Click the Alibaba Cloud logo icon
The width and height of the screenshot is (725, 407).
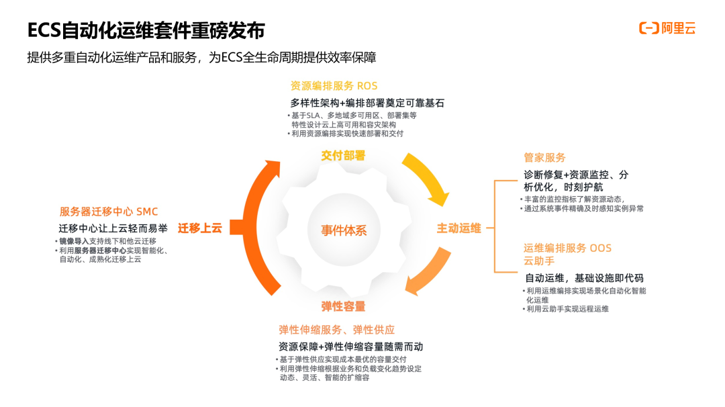click(648, 28)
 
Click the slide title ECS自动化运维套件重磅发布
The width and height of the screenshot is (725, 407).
click(146, 30)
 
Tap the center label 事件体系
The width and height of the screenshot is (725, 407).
click(343, 230)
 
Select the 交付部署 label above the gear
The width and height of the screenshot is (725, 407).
click(343, 156)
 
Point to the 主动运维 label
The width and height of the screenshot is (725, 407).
click(459, 228)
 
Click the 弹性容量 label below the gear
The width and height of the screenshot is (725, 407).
click(343, 306)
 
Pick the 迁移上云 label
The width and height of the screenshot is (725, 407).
click(200, 228)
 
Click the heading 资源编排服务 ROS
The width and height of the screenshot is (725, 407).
click(334, 86)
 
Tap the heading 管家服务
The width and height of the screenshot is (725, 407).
click(544, 158)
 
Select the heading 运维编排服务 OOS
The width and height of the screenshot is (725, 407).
click(567, 248)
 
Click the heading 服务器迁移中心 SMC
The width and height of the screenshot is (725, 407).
click(109, 212)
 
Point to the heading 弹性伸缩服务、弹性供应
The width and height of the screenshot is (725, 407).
click(336, 330)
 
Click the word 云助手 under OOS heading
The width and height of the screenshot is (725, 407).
click(538, 261)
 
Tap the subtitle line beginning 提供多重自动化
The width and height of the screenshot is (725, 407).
click(201, 58)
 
